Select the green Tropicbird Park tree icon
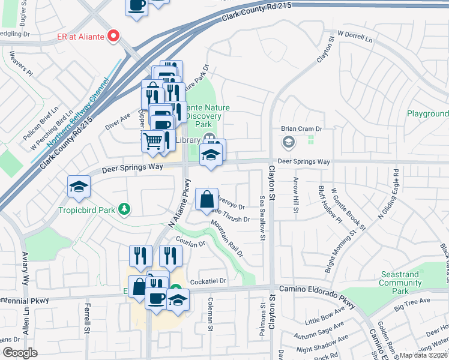(x=124, y=209)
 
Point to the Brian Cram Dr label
(x=302, y=129)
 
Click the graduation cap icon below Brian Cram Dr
(x=289, y=142)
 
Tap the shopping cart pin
(x=153, y=142)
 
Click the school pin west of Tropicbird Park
(x=78, y=187)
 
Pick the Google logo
(x=20, y=352)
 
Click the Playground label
(x=427, y=113)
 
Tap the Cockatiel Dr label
(x=207, y=281)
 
